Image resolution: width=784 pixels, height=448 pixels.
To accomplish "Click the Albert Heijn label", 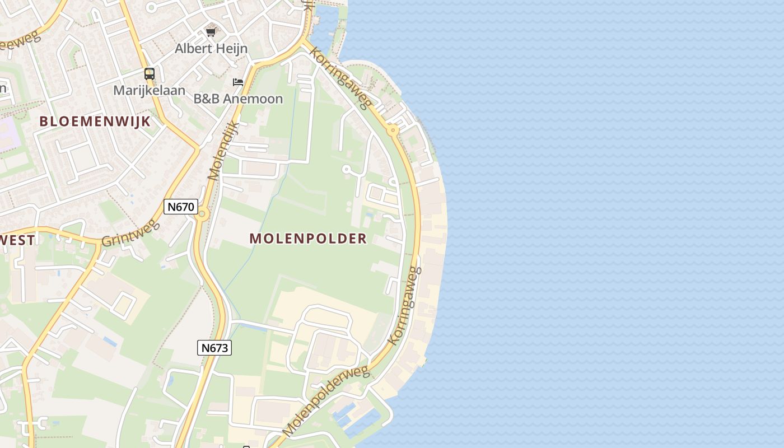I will [211, 48].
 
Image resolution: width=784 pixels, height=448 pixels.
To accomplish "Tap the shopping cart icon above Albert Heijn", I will [211, 32].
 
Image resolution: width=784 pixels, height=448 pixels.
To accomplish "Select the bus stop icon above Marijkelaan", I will [150, 73].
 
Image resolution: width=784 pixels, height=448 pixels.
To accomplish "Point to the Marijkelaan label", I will [149, 90].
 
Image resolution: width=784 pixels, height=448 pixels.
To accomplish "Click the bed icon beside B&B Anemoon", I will [238, 82].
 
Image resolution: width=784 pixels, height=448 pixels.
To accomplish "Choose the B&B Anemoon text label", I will [238, 99].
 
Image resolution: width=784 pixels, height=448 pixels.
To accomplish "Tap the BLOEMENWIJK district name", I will [95, 122].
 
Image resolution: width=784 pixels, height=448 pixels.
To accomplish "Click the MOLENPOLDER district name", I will [308, 239].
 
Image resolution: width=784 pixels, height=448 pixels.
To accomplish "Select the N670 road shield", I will [181, 207].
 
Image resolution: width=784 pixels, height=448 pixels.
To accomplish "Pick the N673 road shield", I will [214, 348].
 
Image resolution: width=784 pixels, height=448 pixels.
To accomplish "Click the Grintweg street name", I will [130, 234].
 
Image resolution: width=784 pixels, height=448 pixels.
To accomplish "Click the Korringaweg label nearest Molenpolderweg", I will [404, 305].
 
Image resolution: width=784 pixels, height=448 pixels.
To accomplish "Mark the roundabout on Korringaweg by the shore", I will [393, 130].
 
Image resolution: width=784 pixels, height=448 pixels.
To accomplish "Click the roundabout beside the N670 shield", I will [202, 214].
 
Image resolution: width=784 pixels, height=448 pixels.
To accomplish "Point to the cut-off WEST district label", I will [18, 240].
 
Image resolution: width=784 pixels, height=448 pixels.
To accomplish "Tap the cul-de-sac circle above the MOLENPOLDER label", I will [346, 169].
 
